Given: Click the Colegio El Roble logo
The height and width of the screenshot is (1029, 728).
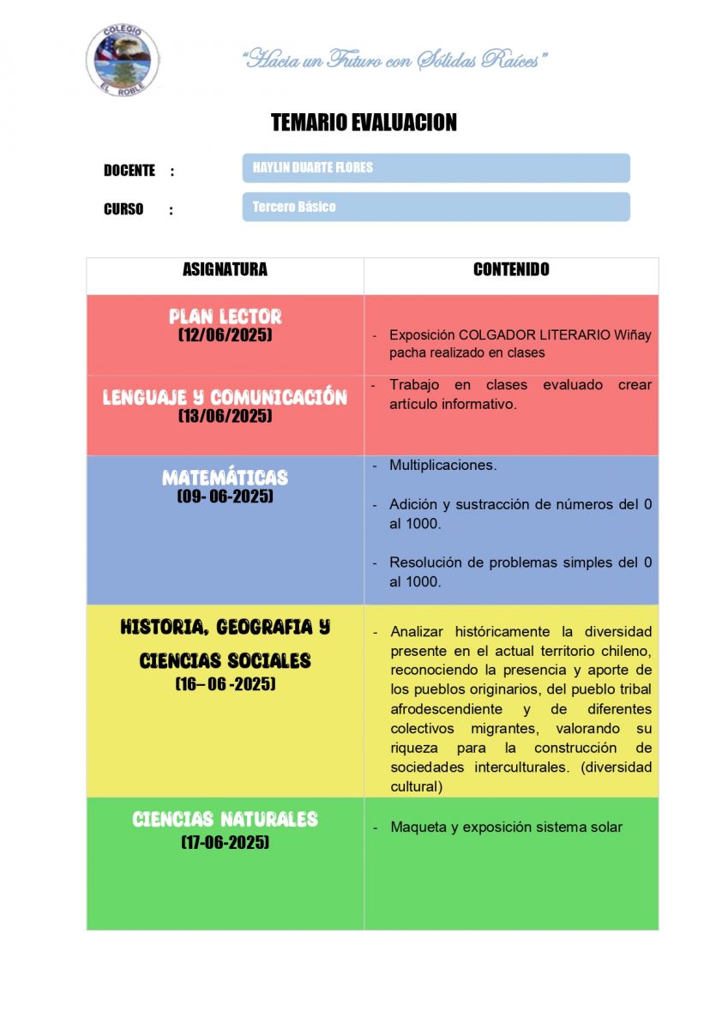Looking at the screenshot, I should pos(123,58).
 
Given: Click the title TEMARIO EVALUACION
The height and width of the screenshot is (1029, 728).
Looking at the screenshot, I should pos(364,123).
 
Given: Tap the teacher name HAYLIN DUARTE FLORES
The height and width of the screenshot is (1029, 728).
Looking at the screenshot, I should pos(313,167).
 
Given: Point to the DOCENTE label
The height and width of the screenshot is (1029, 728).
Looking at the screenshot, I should pos(129,171).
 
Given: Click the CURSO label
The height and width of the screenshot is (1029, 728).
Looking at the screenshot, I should pos(123,209).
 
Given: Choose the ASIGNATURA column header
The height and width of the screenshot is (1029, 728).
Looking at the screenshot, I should pos(225,269).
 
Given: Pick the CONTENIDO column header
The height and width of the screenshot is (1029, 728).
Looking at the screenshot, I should pos(511,269).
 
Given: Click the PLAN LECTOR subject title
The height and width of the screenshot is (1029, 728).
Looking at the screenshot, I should pos(225,316).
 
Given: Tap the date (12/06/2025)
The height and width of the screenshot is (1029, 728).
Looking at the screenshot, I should pos(225,335).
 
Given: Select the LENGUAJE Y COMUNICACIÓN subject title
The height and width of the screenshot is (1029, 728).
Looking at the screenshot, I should pos(225,397).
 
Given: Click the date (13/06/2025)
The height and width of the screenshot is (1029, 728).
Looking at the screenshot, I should pos(225,416).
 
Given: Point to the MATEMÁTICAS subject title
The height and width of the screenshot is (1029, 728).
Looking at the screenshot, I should pos(225,478).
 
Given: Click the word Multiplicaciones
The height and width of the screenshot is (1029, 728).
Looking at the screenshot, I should pos(442,465).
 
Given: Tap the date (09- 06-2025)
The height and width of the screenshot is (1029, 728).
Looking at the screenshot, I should pos(225,496).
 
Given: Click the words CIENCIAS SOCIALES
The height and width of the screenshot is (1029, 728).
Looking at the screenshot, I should pos(225,661).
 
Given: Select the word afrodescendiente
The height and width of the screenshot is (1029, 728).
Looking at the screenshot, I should pos(446,709).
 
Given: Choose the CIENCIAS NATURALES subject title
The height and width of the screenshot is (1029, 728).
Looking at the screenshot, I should pos(225,820).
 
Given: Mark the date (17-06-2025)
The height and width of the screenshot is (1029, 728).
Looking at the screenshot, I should pos(225,843).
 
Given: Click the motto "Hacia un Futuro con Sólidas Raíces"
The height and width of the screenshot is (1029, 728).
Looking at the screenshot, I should pos(395,60).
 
